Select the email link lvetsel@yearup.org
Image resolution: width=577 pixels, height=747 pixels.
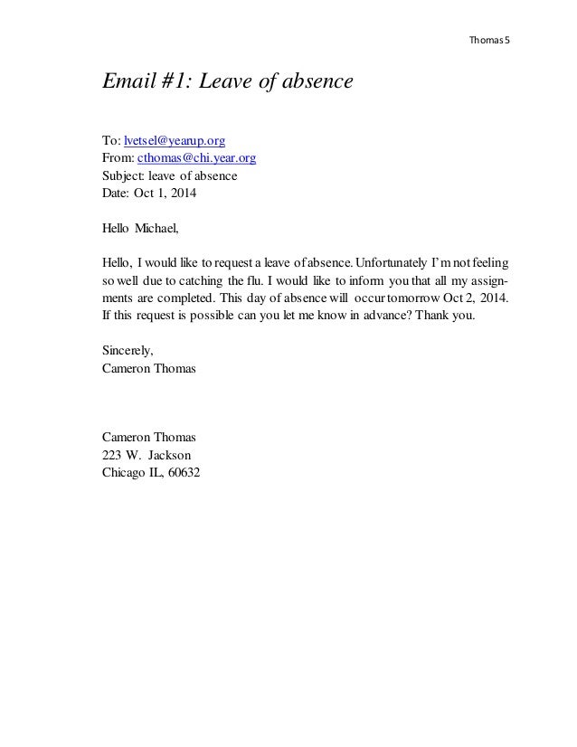175,140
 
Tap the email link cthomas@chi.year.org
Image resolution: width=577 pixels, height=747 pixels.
196,157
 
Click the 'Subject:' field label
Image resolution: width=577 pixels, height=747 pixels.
122,175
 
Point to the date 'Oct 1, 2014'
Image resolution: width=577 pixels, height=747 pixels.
164,193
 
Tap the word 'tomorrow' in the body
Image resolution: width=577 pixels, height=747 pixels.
415,298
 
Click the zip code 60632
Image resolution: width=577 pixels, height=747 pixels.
184,473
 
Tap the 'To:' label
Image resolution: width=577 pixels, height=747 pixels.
110,140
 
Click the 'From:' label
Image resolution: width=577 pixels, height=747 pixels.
118,157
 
